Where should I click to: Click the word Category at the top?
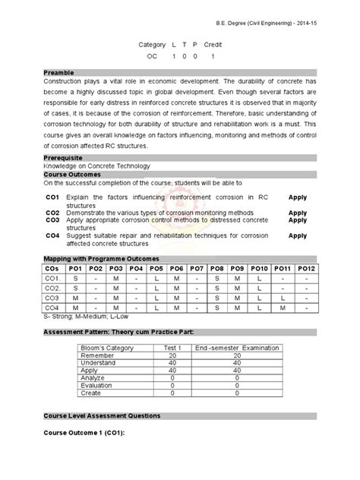point(151,46)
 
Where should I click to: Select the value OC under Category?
point(152,57)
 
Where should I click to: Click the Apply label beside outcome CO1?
point(298,197)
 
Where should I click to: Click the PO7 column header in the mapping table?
point(197,269)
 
